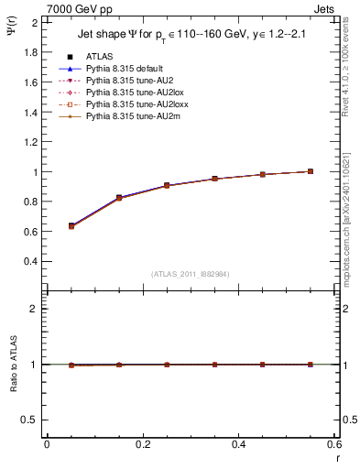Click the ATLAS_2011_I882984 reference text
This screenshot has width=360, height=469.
(x=191, y=274)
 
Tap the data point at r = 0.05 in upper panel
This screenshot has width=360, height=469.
(x=71, y=225)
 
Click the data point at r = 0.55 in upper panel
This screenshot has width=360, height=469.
(x=311, y=171)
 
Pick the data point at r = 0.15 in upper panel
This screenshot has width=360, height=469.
(x=119, y=198)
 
